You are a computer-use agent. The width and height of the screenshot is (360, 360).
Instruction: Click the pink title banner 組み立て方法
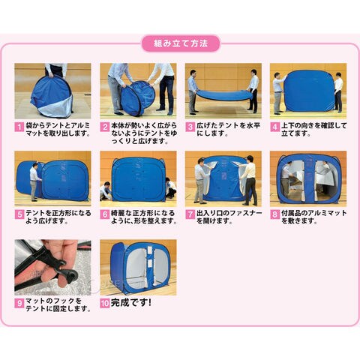coord(181,43)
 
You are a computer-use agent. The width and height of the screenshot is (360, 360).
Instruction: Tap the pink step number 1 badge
coord(19,127)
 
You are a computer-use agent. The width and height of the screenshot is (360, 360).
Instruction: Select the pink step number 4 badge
coord(274,127)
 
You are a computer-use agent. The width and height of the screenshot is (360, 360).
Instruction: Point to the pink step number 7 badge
coord(190,214)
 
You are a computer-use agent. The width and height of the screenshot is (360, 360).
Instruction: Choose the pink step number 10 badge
coord(105,303)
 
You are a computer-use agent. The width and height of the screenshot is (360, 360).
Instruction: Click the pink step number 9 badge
coord(19,303)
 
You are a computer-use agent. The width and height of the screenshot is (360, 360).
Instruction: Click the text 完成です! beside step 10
coord(131,303)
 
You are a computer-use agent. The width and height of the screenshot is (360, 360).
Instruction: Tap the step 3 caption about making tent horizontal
coord(228,130)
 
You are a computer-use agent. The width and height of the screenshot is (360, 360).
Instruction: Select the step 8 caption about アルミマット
coord(313,217)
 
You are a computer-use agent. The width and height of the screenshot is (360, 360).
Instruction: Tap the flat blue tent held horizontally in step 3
coord(223,94)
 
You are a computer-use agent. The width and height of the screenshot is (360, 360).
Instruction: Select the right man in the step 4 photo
coord(338,92)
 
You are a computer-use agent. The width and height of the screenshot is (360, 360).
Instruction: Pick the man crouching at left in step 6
coord(106,190)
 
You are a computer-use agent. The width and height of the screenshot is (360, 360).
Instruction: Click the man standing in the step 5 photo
coord(34,181)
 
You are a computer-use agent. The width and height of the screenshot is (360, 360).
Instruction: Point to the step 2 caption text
coord(144,133)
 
